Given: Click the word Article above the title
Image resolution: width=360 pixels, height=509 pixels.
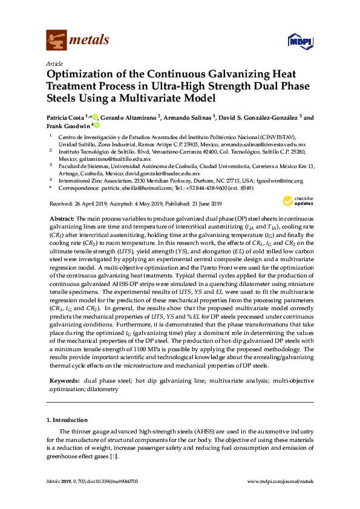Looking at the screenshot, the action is (x=54, y=63).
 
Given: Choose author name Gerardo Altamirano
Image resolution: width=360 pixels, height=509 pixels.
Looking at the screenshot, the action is (x=127, y=117).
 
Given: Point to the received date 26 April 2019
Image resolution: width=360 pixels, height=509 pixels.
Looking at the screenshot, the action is (x=87, y=204).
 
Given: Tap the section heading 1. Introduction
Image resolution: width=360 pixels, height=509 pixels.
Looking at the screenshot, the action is (x=67, y=420).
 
